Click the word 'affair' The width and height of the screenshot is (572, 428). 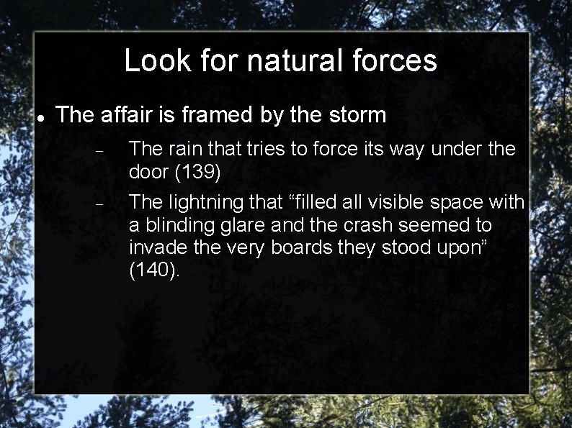[127, 115]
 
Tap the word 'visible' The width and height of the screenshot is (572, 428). [401, 203]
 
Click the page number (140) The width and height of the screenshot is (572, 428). [154, 271]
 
